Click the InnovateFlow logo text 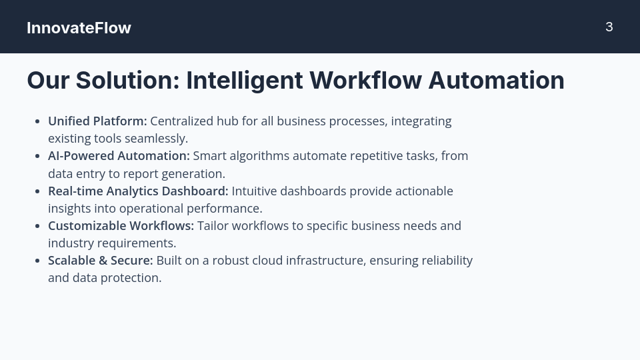tap(79, 28)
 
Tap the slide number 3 tap(609, 27)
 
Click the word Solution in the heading tap(128, 80)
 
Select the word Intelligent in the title tap(245, 81)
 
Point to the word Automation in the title tap(496, 80)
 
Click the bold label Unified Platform tap(97, 121)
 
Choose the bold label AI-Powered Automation tap(119, 156)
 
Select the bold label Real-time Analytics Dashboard tap(139, 191)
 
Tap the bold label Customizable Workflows tap(121, 226)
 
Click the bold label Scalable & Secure tap(101, 261)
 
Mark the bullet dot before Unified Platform tap(37, 121)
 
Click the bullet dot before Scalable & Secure tap(37, 261)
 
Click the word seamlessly tap(156, 139)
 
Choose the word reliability tap(447, 261)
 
